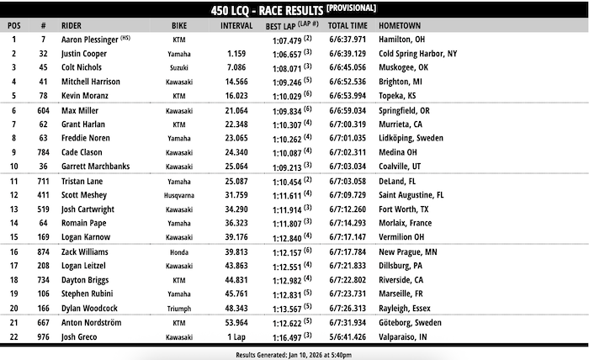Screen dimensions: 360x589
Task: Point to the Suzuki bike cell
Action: pos(178,67)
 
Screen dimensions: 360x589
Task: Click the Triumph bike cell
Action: pos(179,308)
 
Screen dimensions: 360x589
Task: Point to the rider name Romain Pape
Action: pos(84,223)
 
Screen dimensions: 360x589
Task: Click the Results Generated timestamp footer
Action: pos(294,354)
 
